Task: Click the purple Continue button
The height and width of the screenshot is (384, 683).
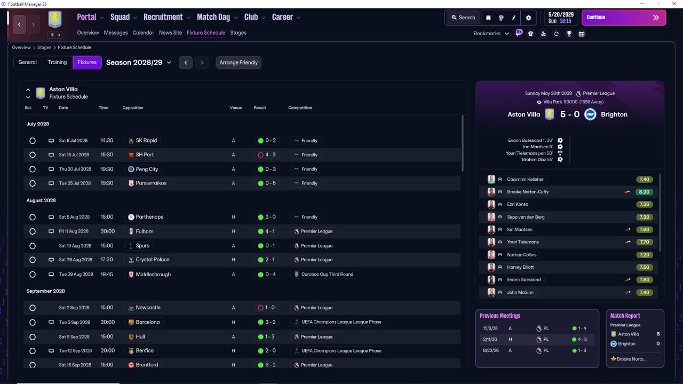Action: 624,18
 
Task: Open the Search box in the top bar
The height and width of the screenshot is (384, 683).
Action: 463,18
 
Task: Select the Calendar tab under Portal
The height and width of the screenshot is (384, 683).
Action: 143,33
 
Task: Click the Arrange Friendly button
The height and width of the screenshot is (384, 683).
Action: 239,62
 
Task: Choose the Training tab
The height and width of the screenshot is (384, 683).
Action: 57,62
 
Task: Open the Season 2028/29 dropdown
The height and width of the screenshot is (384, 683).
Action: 138,62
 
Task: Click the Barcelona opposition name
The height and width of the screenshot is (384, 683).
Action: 148,322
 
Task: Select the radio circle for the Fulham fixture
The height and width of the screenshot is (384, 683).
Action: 33,231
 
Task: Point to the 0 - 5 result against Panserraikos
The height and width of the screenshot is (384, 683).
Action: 270,183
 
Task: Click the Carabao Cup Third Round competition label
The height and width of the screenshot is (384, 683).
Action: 327,274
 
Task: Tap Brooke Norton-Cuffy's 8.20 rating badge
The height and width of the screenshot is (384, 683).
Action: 644,191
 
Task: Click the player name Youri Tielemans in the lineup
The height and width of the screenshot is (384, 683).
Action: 522,242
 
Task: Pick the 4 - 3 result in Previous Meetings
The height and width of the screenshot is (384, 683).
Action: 582,339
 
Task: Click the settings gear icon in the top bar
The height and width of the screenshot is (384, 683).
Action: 528,18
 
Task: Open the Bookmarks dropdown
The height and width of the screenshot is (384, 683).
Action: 491,34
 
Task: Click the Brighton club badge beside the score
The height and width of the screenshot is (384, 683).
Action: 590,114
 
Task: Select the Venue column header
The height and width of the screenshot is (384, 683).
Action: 236,108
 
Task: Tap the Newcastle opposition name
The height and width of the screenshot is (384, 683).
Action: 148,308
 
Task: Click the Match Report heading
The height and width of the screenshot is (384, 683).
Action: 625,316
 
